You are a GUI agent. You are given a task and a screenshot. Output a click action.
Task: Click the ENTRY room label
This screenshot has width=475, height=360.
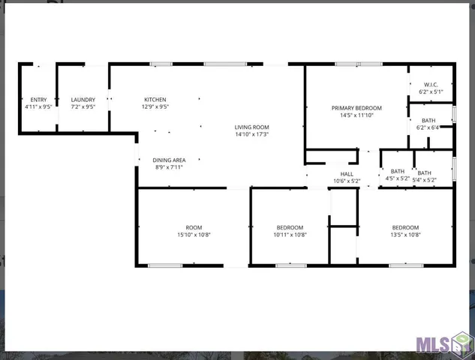38,100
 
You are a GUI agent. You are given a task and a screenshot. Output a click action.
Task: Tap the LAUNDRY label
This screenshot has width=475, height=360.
83,100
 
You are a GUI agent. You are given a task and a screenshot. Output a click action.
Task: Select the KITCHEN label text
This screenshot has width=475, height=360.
155,100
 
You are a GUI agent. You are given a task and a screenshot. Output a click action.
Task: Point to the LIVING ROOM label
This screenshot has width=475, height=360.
252,127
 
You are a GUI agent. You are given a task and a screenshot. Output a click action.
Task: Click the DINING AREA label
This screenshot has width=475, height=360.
169,160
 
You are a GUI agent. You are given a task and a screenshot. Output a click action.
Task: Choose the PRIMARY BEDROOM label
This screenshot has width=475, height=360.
356,108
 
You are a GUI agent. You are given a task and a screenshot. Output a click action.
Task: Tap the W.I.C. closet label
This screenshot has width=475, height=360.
430,85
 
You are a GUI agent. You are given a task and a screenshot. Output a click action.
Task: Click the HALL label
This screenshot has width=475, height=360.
347,174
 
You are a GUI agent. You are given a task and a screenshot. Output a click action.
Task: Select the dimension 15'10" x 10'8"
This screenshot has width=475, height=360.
194,235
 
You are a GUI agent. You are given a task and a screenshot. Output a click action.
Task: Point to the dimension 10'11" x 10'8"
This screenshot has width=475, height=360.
290,235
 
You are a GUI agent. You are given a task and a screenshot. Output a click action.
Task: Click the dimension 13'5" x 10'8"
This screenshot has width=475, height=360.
405,235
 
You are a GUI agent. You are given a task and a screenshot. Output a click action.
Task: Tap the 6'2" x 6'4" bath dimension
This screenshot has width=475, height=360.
428,127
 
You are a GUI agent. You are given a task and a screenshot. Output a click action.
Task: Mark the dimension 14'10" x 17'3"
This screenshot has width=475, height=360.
252,135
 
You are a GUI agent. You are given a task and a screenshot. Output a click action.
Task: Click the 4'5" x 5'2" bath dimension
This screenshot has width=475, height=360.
398,179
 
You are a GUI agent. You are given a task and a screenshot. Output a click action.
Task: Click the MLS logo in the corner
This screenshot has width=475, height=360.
443,343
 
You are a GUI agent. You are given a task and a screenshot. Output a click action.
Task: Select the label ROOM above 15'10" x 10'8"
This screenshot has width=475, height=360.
194,227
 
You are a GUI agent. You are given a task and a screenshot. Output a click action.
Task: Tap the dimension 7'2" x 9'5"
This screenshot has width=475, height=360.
83,107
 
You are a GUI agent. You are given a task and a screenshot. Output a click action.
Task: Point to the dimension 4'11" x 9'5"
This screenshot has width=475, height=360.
38,107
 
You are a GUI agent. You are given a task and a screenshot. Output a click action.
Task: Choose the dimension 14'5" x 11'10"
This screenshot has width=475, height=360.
356,115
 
